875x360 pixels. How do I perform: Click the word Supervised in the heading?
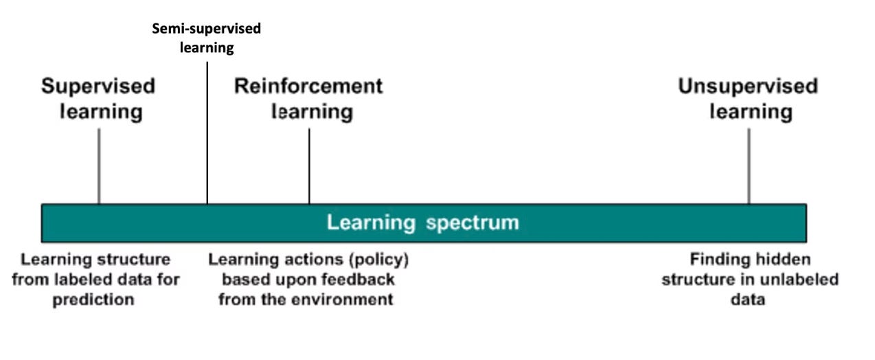(98, 87)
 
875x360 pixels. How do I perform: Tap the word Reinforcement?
(308, 87)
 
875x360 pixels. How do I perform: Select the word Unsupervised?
(748, 87)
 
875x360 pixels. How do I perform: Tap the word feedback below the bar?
(361, 280)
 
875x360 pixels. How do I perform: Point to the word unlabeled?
(798, 280)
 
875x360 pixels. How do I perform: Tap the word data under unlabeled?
(749, 300)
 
